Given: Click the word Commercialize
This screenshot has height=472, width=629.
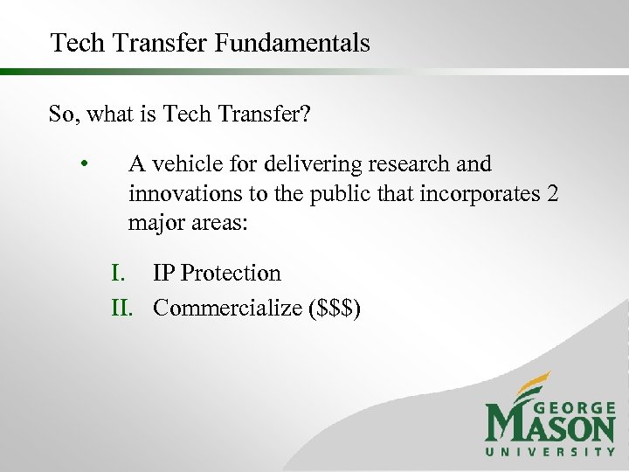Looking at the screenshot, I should tap(228, 308).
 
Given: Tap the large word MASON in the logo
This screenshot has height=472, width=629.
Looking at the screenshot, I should tap(550, 427).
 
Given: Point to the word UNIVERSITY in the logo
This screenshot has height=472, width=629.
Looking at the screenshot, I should tap(550, 452).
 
